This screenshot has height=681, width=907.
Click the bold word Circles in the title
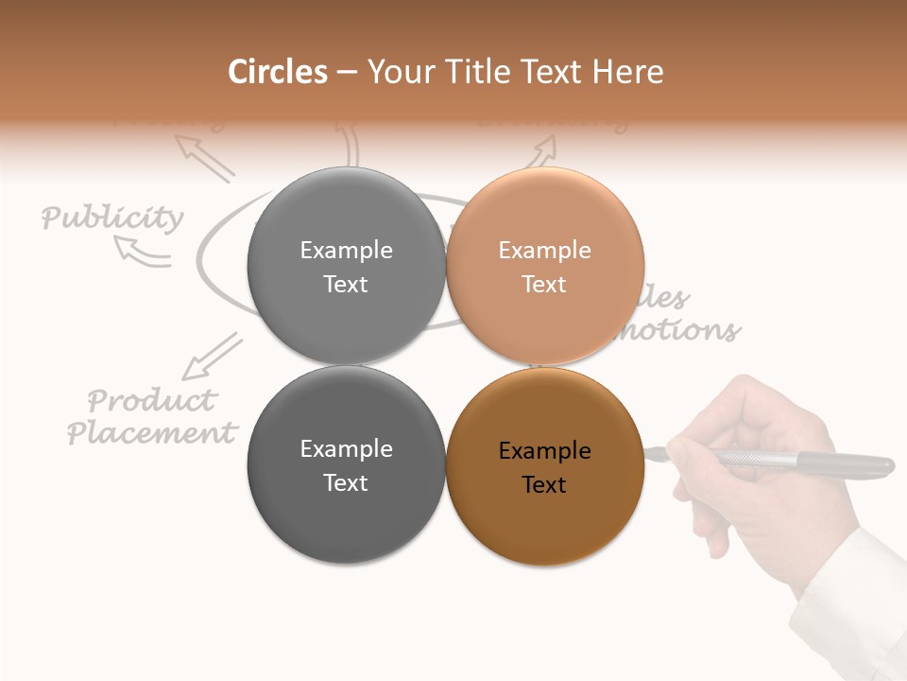(x=277, y=72)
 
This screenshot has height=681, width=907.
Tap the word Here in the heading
(x=629, y=72)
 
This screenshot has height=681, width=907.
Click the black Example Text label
(x=545, y=467)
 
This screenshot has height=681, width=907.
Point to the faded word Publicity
(x=112, y=218)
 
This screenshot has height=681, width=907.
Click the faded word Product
(x=151, y=399)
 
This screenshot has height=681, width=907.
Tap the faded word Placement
(x=151, y=433)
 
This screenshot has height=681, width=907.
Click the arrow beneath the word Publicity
(x=141, y=251)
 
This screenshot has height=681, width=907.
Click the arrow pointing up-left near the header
(x=204, y=157)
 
